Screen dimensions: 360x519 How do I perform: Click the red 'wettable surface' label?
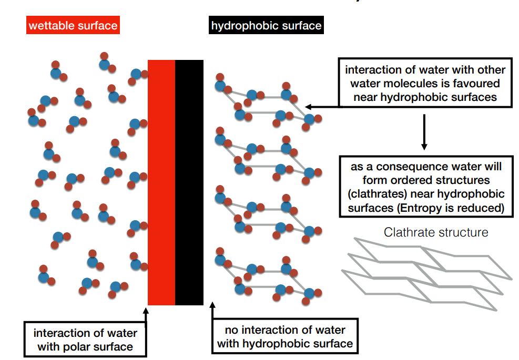pyautogui.click(x=73, y=25)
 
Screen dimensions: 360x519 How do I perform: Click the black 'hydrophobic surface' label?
pyautogui.click(x=266, y=25)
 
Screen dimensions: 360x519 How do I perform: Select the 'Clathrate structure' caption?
pyautogui.click(x=436, y=232)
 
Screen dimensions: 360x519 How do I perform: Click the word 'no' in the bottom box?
pyautogui.click(x=232, y=330)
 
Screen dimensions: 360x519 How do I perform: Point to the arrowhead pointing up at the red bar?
pyautogui.click(x=146, y=311)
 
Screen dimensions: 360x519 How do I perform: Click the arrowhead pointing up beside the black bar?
pyautogui.click(x=213, y=305)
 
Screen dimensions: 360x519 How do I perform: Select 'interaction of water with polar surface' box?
pyautogui.click(x=85, y=340)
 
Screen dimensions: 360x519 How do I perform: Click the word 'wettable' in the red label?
pyautogui.click(x=51, y=25)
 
